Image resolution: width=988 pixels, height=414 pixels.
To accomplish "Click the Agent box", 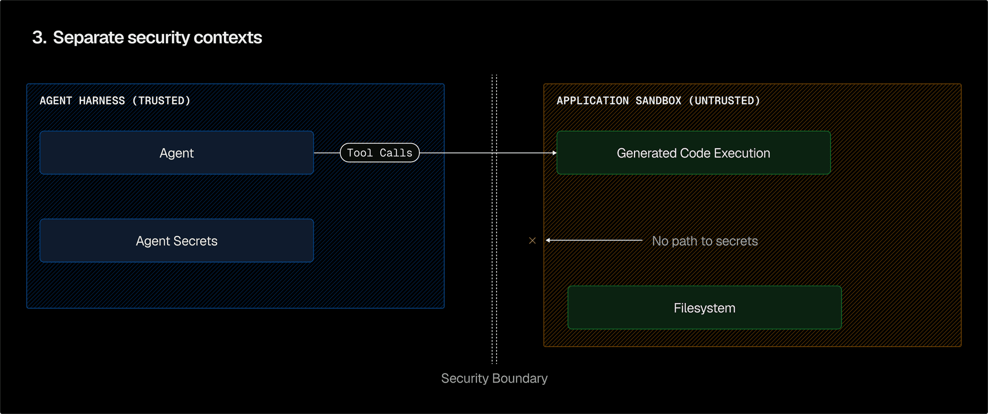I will coord(177,153).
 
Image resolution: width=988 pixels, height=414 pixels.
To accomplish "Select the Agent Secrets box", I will coord(177,240).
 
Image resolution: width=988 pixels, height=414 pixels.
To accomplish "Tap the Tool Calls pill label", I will coord(380,153).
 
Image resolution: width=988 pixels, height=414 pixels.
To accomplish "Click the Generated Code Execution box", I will coord(693,153).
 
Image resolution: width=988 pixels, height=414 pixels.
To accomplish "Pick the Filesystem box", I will coord(704,308).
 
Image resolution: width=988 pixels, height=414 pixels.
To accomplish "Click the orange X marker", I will coord(533,240).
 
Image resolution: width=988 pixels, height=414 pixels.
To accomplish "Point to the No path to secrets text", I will coord(704,241).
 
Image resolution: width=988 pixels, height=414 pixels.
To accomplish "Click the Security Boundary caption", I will coord(494,378).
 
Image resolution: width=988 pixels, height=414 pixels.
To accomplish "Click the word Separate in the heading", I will coord(88,38).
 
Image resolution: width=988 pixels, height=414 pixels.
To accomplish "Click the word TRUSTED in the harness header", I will coord(161,101).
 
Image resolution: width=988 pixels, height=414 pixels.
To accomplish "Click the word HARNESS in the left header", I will coord(102,101).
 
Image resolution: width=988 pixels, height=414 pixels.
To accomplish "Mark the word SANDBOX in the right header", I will coord(658,101).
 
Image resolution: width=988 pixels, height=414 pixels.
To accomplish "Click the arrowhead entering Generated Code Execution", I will coord(554,153).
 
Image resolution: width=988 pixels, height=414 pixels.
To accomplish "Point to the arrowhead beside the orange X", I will coord(548,240).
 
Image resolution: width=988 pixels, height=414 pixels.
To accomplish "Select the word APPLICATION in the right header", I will coord(592,101).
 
